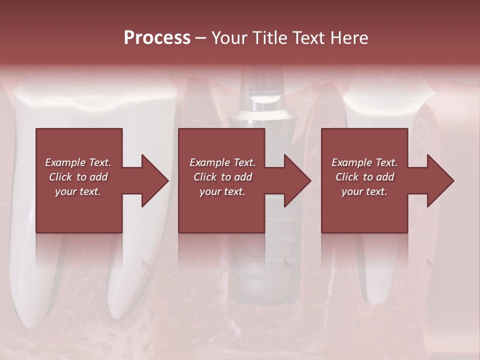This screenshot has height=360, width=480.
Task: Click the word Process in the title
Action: click(157, 37)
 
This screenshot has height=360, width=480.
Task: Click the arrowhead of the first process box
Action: click(155, 180)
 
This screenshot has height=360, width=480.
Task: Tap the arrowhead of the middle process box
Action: click(298, 180)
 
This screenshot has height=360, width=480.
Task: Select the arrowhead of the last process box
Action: click(441, 180)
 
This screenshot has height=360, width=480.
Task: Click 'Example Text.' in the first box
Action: click(78, 162)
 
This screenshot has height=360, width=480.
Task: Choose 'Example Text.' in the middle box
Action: click(222, 162)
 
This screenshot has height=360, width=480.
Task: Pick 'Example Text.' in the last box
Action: click(364, 162)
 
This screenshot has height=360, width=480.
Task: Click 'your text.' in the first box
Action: click(78, 191)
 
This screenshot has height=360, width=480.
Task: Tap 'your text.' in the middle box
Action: click(222, 191)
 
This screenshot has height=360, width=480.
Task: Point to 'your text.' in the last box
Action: click(364, 191)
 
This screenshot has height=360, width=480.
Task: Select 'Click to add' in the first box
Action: click(78, 177)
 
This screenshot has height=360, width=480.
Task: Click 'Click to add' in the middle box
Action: click(222, 177)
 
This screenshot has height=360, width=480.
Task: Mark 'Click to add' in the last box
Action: click(364, 177)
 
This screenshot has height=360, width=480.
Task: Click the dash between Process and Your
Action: click(200, 38)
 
